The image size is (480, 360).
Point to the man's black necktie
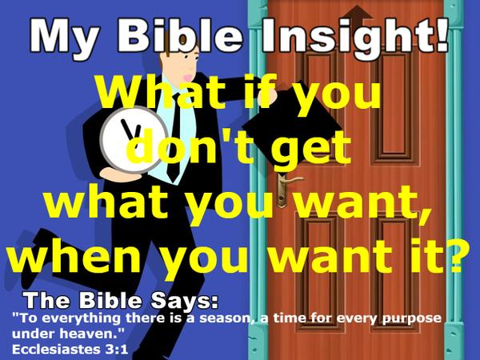(173, 156)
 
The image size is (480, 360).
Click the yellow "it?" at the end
(436, 257)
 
